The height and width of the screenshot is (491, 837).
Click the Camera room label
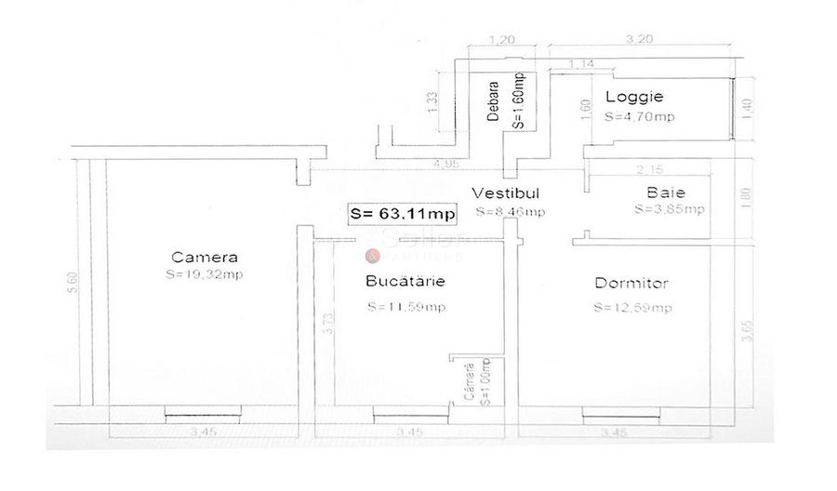pyautogui.click(x=205, y=258)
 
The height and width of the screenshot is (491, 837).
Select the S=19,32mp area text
pyautogui.click(x=204, y=275)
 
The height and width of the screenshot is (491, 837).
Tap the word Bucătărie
pyautogui.click(x=405, y=280)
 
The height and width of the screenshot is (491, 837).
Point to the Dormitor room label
pyautogui.click(x=631, y=283)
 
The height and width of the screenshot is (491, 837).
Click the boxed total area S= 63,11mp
pyautogui.click(x=402, y=213)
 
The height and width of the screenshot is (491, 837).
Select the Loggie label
pyautogui.click(x=634, y=96)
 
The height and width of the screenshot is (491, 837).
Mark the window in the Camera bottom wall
pyautogui.click(x=200, y=411)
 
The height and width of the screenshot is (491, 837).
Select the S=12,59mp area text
pyautogui.click(x=632, y=309)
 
